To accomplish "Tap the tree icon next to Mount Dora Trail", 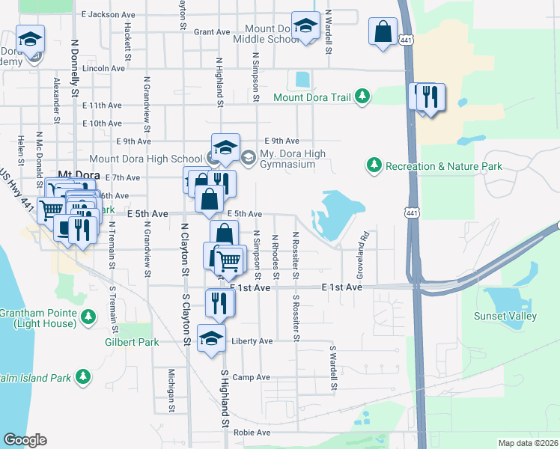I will click(x=362, y=97).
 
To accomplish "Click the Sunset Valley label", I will click(x=505, y=316).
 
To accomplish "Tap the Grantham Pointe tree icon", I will click(x=89, y=317).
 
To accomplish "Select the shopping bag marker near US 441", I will click(x=383, y=32).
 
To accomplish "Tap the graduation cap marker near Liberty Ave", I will click(x=211, y=337).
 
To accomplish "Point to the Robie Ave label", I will click(x=252, y=433).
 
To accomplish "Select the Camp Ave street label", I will click(x=251, y=377).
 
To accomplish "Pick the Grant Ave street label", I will click(x=212, y=32).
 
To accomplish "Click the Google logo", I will click(x=25, y=440).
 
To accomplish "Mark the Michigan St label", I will click(x=171, y=390).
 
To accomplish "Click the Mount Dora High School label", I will click(x=145, y=159).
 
